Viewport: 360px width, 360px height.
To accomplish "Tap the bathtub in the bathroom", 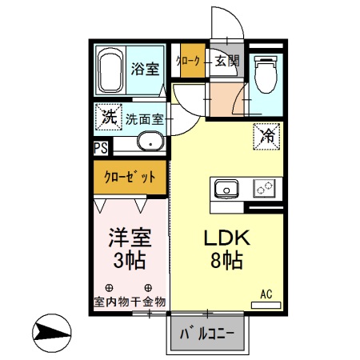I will [x=110, y=70].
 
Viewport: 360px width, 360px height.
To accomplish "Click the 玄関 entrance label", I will [x=226, y=60].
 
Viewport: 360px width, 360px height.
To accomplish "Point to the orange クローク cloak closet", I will [x=190, y=60].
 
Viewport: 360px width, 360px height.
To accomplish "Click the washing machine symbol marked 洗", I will [x=107, y=117].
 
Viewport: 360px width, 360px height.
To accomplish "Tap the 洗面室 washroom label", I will [x=145, y=118].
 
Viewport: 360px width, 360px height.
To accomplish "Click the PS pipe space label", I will [x=100, y=147].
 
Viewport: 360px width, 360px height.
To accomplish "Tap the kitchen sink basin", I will [x=226, y=190].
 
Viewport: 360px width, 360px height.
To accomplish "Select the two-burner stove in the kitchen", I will [x=264, y=190].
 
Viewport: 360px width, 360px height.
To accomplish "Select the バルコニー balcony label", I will [x=206, y=333].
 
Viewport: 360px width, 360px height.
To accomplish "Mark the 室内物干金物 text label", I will [x=128, y=302].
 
